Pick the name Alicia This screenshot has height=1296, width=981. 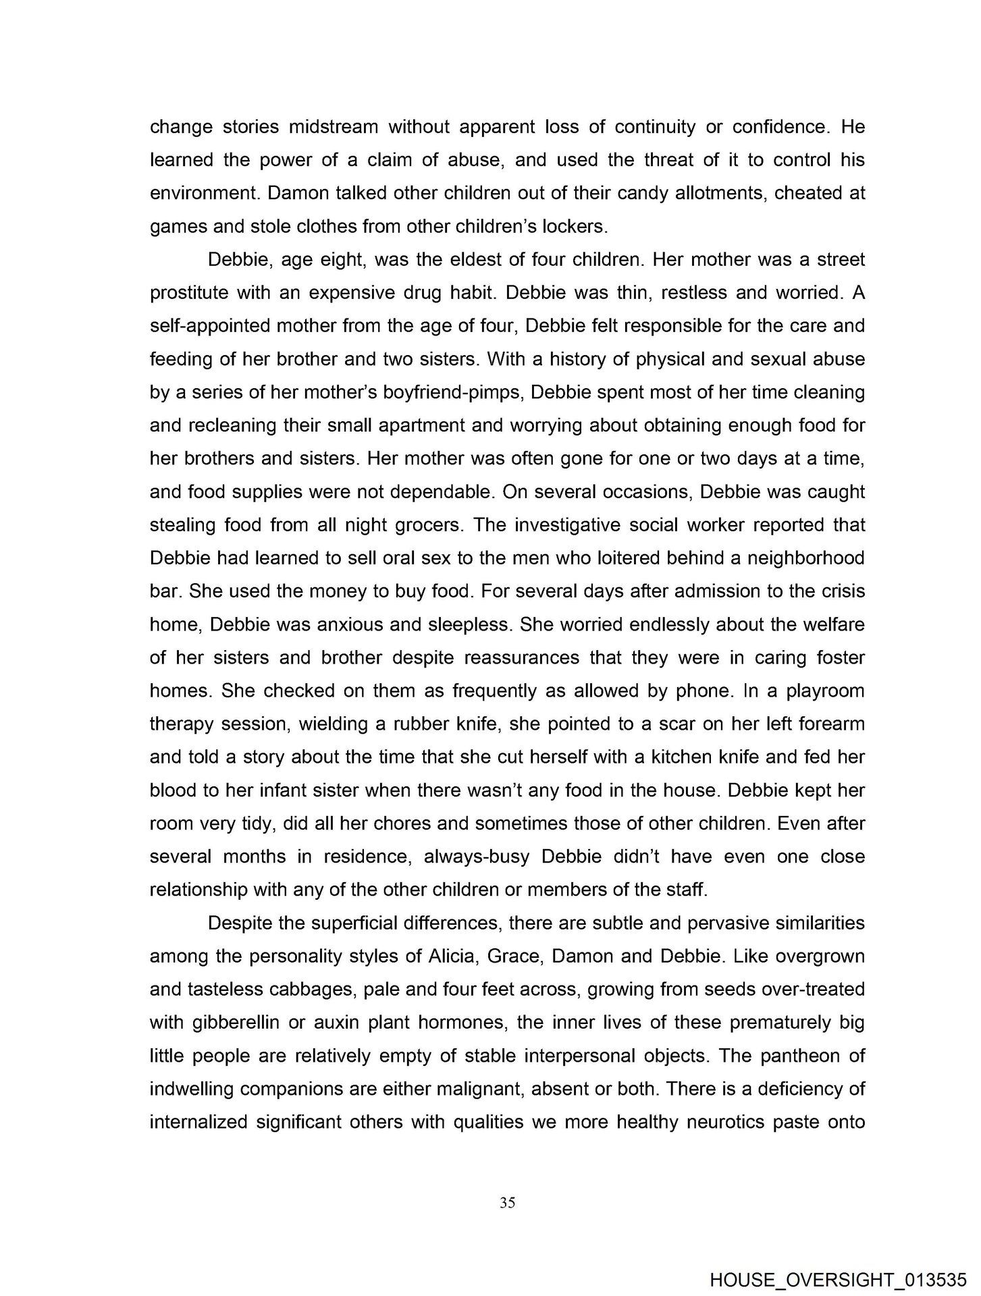coord(452,956)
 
